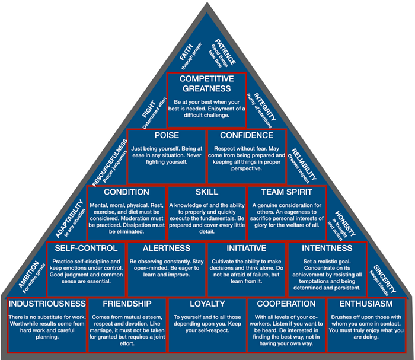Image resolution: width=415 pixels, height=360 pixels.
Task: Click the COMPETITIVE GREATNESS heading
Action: tap(207, 84)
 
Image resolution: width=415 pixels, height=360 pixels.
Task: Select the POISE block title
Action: tap(167, 135)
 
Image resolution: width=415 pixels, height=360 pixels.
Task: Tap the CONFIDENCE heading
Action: tap(247, 135)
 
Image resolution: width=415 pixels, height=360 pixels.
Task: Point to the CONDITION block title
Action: tap(126, 192)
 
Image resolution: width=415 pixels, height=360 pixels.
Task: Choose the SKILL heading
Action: tap(207, 192)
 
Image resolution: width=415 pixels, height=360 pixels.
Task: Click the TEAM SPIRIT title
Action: tap(286, 192)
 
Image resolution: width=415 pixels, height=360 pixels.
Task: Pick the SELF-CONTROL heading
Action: tap(86, 248)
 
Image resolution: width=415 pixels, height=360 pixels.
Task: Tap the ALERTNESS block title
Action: tap(167, 248)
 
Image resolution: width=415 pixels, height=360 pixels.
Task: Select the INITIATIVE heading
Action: tap(247, 248)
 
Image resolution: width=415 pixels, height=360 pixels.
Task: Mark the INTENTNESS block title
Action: tap(327, 248)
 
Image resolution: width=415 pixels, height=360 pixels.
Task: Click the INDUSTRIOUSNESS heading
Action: tap(47, 304)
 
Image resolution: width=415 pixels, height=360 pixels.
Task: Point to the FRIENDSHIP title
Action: tap(127, 304)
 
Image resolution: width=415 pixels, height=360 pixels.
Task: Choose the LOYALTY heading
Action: tap(207, 304)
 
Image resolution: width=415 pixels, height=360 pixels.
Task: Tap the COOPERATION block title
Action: tap(286, 304)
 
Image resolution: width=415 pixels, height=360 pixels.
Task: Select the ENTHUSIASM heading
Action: tap(366, 304)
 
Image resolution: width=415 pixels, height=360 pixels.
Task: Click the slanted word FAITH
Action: tap(186, 52)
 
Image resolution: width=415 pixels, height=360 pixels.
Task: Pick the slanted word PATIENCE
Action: tap(225, 52)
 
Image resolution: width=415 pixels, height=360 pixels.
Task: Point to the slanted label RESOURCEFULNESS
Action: tap(110, 163)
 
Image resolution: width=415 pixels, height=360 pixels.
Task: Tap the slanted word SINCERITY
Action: tap(385, 279)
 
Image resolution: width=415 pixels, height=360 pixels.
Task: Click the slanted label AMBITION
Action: tap(28, 275)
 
